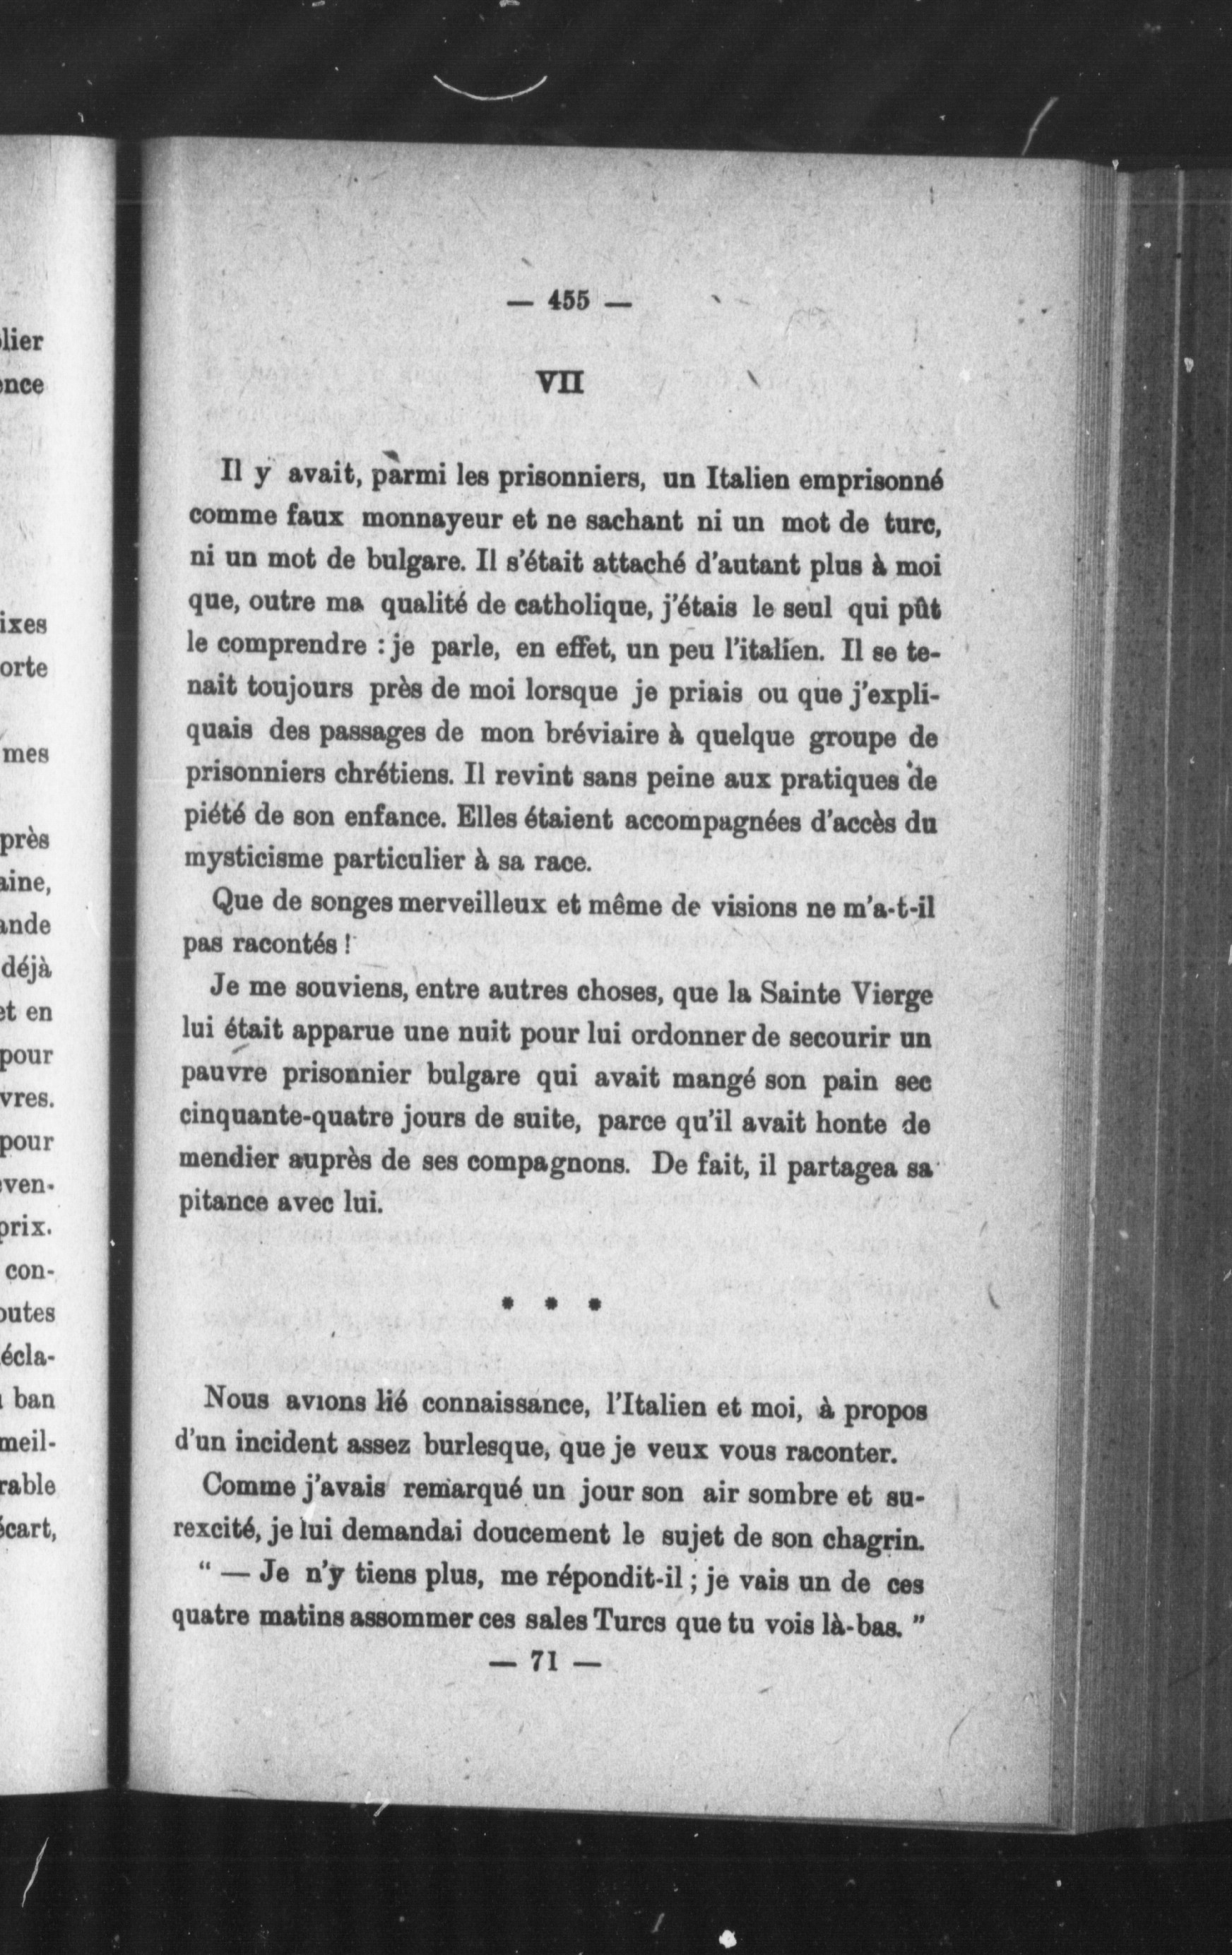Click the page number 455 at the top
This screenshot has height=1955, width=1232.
click(568, 301)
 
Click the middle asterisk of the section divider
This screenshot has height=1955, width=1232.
click(550, 1305)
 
